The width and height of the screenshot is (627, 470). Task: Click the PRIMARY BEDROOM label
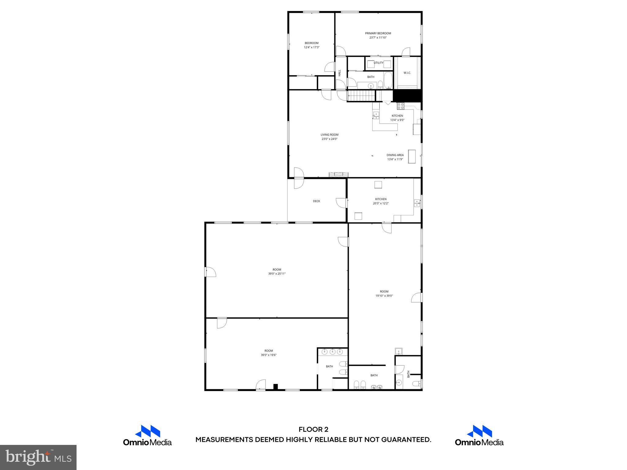tap(378, 33)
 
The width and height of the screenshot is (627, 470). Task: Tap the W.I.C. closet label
tap(407, 73)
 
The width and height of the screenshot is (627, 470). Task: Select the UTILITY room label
tap(378, 63)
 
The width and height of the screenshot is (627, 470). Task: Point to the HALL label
tap(340, 73)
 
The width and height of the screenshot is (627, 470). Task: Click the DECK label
tap(317, 201)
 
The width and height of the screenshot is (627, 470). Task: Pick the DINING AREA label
tap(395, 155)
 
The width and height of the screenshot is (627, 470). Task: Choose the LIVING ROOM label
tap(329, 135)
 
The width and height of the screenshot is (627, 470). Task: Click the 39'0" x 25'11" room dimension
tap(277, 274)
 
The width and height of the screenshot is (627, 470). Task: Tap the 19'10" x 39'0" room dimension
tap(384, 296)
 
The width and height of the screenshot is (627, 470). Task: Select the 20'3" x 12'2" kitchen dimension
tap(381, 203)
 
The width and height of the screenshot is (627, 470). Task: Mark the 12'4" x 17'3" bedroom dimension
tap(312, 47)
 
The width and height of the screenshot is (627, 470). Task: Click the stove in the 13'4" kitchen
tap(400, 106)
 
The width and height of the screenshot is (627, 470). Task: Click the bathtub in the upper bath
tap(388, 80)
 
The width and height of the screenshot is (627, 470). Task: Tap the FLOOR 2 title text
tap(313, 430)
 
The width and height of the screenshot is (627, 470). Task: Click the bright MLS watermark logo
tap(38, 457)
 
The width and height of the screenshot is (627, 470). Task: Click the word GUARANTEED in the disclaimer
tap(406, 440)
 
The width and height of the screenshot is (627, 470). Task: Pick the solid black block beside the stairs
tap(407, 96)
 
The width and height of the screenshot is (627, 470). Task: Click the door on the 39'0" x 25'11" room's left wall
tap(210, 272)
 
